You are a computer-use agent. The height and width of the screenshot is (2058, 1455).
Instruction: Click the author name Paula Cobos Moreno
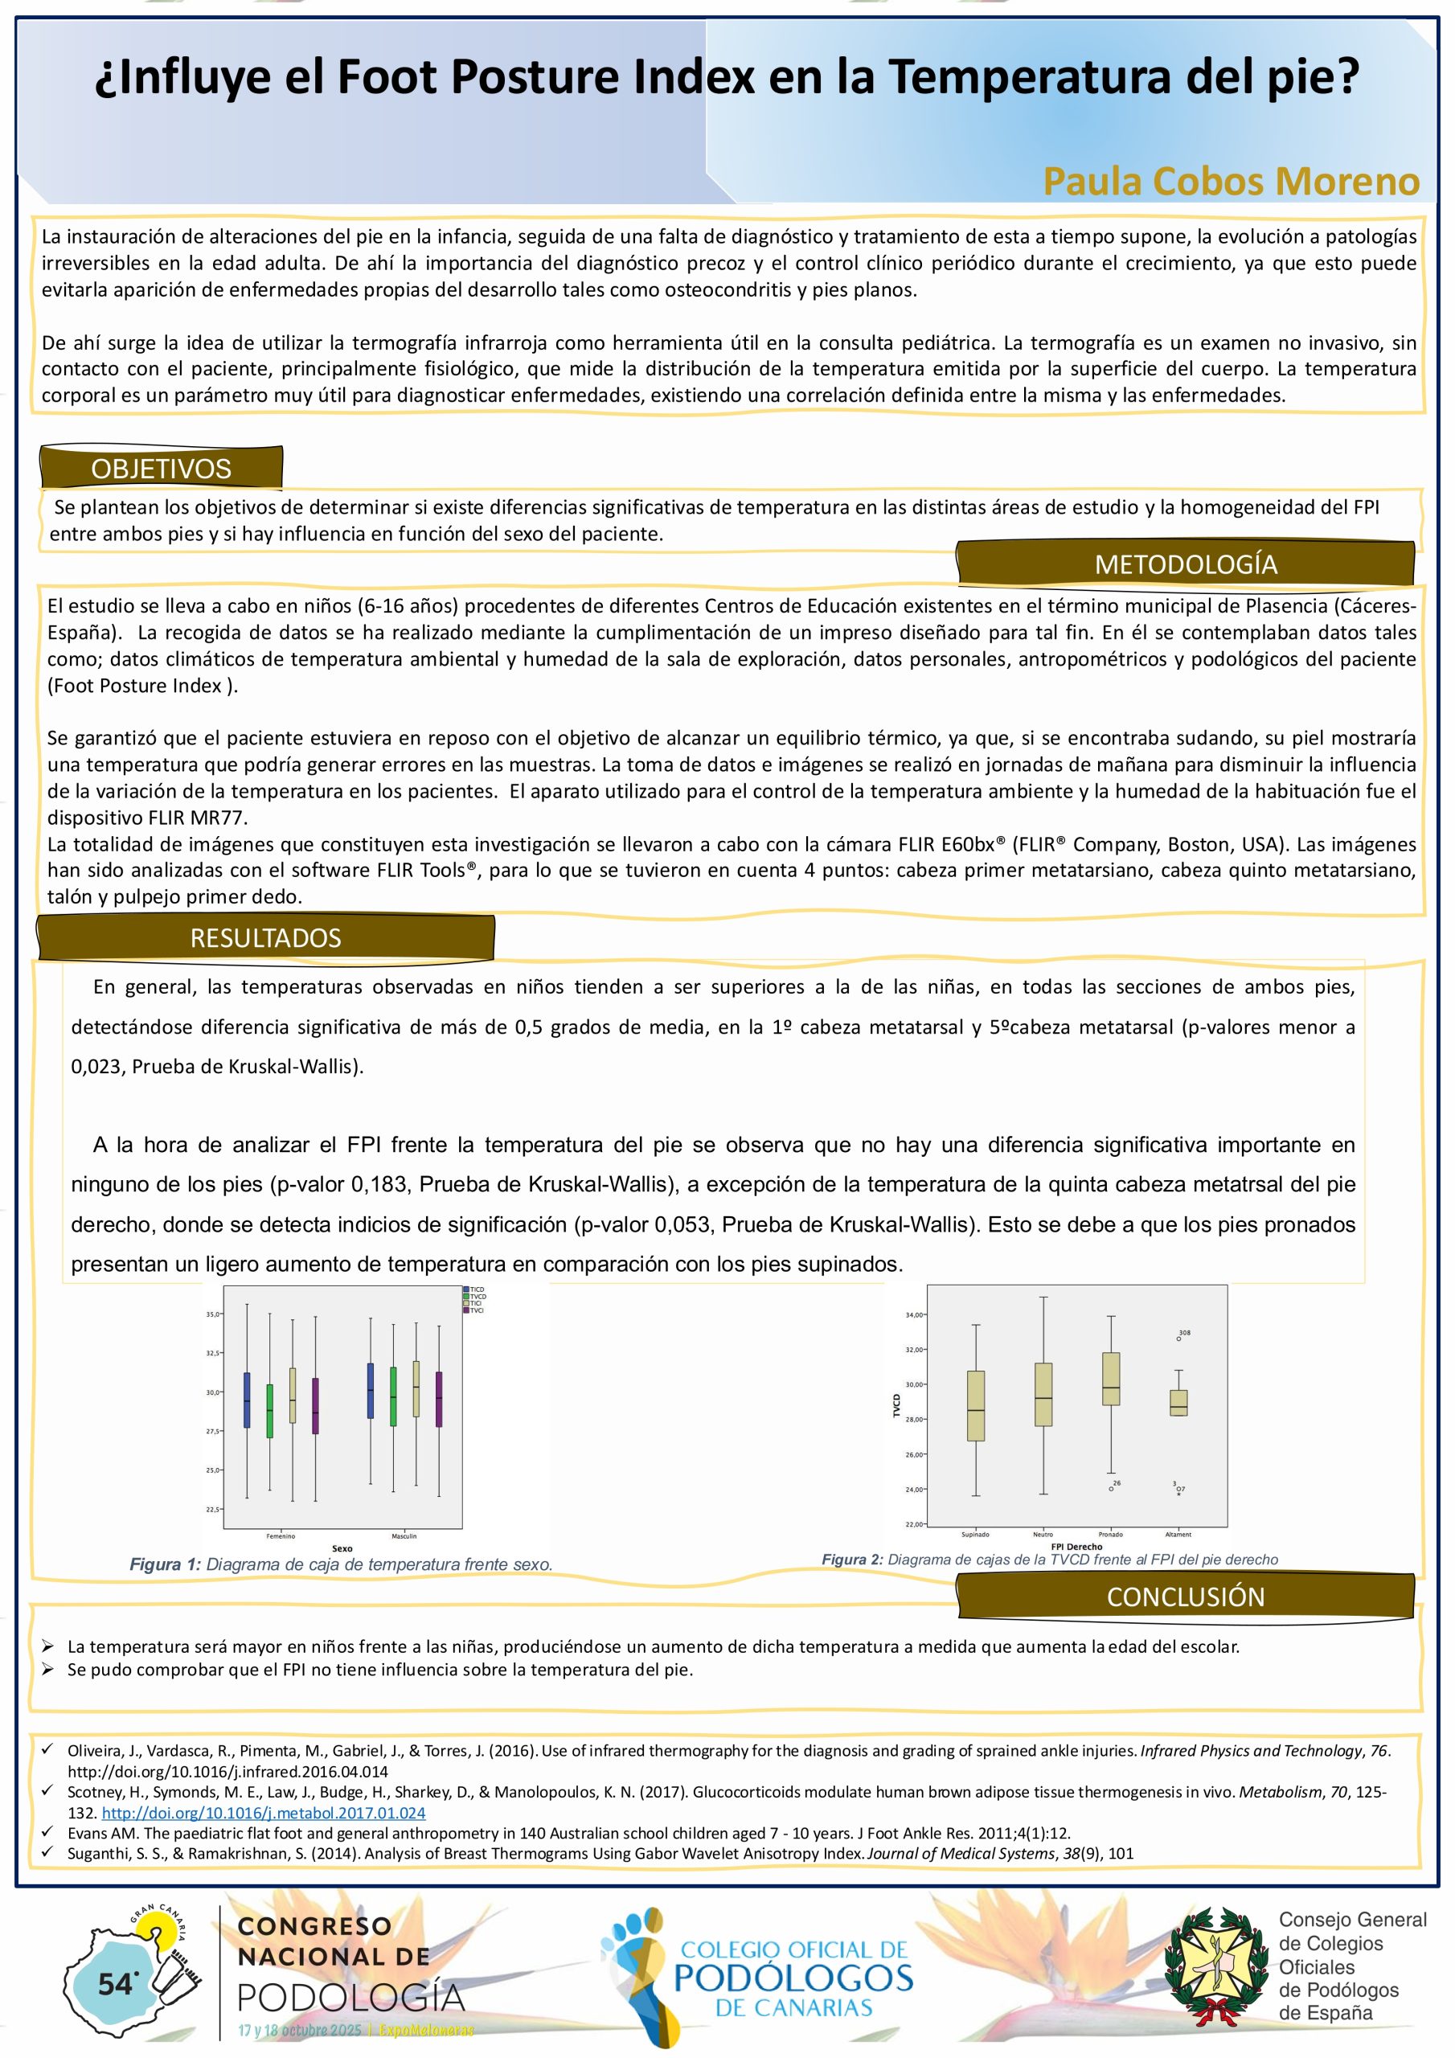[1230, 181]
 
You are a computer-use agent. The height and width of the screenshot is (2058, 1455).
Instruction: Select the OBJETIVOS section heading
[162, 468]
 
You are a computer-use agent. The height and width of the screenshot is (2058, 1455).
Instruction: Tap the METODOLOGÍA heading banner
[1185, 564]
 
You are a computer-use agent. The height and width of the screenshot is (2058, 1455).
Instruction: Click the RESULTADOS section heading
[265, 937]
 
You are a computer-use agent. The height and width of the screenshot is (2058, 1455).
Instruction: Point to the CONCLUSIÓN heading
[1185, 1597]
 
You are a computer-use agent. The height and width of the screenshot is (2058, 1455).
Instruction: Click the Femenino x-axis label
[281, 1536]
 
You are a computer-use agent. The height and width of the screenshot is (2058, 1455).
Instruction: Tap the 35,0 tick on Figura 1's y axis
[213, 1314]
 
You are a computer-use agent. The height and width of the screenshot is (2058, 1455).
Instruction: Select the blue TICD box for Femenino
[247, 1400]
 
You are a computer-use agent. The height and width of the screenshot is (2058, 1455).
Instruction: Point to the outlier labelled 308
[1179, 1339]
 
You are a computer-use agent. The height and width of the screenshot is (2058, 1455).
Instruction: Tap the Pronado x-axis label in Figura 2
[1111, 1535]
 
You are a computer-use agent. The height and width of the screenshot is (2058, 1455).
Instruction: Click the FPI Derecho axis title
[1076, 1546]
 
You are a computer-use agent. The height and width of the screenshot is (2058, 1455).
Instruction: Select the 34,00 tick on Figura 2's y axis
[915, 1315]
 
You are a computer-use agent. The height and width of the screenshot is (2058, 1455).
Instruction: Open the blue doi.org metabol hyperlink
[264, 1812]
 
